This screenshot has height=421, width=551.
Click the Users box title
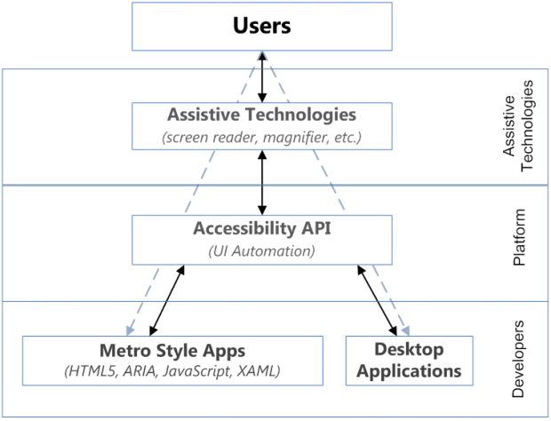coord(261,26)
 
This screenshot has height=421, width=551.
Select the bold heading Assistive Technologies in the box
coord(261,115)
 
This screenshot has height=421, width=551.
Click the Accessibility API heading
coord(261,228)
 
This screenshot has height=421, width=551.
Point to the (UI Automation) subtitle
coord(261,250)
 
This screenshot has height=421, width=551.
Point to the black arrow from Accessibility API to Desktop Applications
coord(377,298)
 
